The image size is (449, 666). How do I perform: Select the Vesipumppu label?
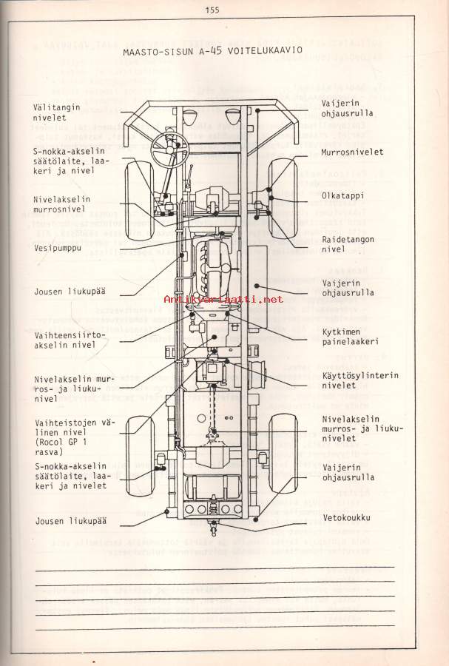tap(57, 250)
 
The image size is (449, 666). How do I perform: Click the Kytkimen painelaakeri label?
tap(350, 337)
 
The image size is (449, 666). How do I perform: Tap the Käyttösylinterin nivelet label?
tap(359, 380)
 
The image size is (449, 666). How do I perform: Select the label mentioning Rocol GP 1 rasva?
tap(65, 431)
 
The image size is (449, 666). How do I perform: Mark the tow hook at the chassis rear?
tap(213, 528)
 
